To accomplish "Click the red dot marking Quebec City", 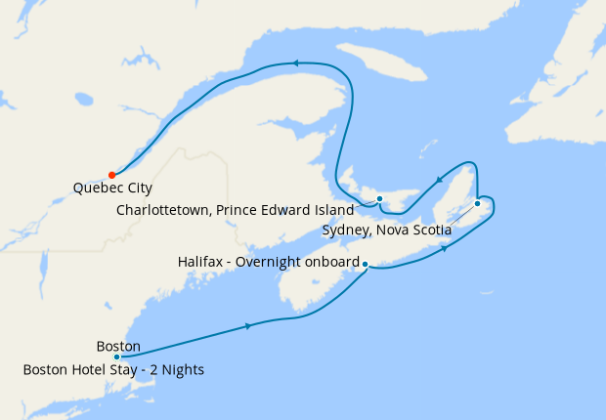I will point(112,176).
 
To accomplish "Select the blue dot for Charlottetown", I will point(379,199).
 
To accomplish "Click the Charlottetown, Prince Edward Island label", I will point(237,210).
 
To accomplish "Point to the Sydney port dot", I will point(477,203).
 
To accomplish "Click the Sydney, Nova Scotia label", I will point(386,231).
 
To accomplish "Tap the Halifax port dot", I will point(365,264).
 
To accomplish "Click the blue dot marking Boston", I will point(116,357).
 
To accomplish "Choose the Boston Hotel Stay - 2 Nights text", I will point(113,370).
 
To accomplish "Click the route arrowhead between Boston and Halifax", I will point(251,325).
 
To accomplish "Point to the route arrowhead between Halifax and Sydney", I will point(446,248).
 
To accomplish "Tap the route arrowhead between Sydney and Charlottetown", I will point(439,179).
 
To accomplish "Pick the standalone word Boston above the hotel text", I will point(118,347).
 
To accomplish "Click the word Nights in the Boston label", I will point(183,370).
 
